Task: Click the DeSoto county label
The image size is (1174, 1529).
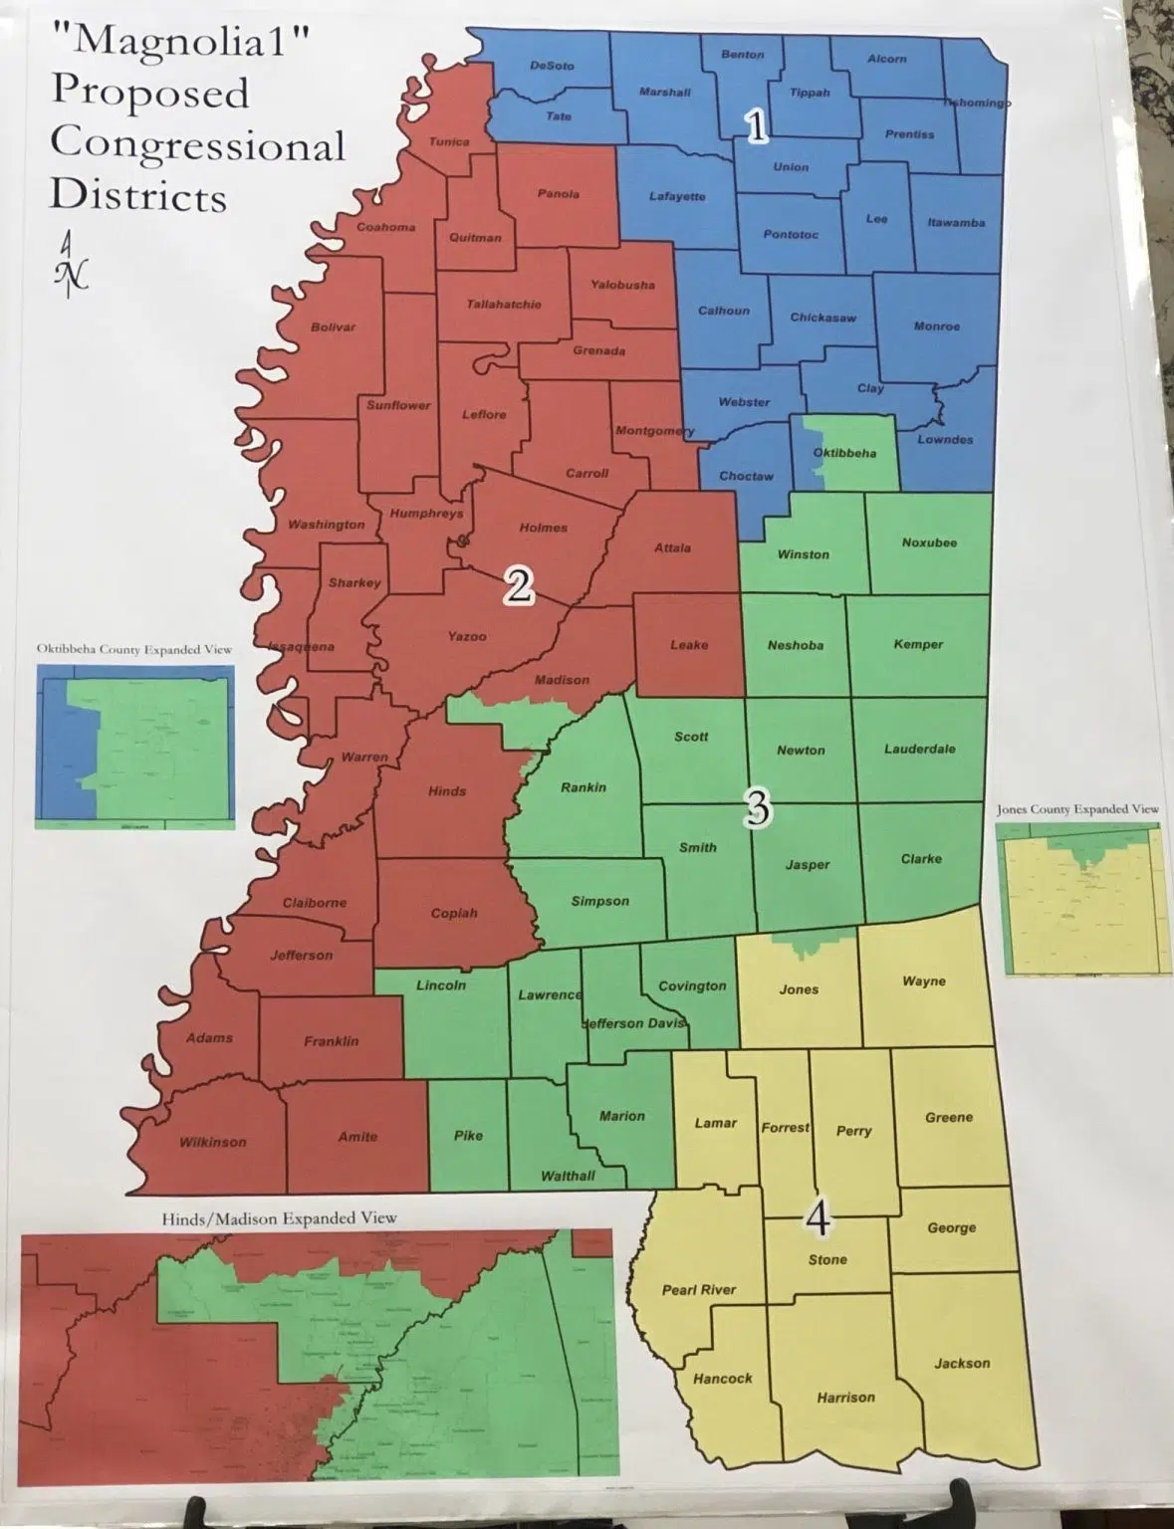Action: pyautogui.click(x=552, y=66)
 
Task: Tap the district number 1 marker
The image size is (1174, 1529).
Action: pyautogui.click(x=757, y=126)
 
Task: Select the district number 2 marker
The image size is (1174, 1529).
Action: pyautogui.click(x=519, y=586)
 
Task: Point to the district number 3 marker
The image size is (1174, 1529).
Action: pyautogui.click(x=757, y=809)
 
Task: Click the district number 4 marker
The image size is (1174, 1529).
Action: pyautogui.click(x=818, y=1217)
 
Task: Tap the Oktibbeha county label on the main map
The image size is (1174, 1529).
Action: pyautogui.click(x=844, y=453)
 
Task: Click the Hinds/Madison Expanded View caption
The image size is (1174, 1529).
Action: pyautogui.click(x=279, y=1217)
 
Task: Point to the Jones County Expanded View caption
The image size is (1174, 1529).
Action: pyautogui.click(x=1077, y=809)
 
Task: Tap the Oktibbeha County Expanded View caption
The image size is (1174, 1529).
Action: pyautogui.click(x=134, y=649)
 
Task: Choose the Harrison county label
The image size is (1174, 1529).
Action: pyautogui.click(x=845, y=1398)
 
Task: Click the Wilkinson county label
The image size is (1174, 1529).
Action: pyautogui.click(x=212, y=1142)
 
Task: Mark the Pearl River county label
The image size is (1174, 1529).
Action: pyautogui.click(x=699, y=1289)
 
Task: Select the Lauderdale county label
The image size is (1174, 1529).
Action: pyautogui.click(x=919, y=749)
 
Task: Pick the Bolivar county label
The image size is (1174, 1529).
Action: pyautogui.click(x=333, y=327)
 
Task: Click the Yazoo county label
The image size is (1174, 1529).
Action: pyautogui.click(x=466, y=635)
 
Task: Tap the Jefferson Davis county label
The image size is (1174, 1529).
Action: pyautogui.click(x=633, y=1023)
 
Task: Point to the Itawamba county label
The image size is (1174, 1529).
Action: pyautogui.click(x=956, y=222)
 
